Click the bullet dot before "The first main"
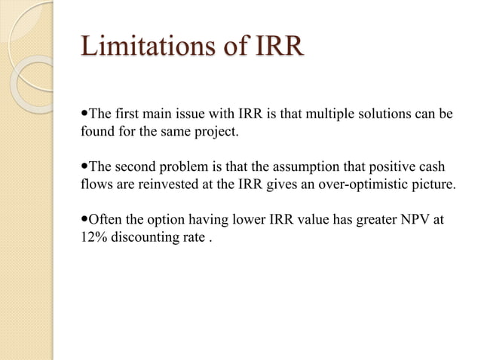[x=84, y=114]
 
